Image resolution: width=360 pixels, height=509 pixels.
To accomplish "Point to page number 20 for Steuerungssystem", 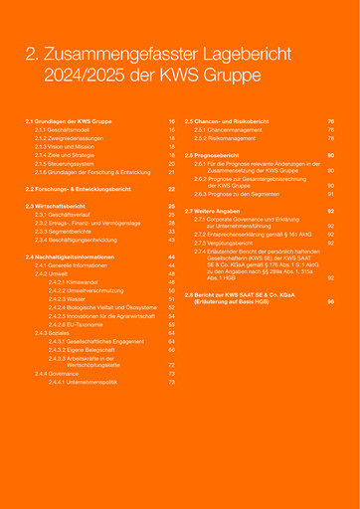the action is [171, 163].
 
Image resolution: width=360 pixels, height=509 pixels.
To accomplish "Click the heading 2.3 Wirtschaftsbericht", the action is [59, 205].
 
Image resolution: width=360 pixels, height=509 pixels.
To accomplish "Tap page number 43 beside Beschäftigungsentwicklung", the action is [171, 240].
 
